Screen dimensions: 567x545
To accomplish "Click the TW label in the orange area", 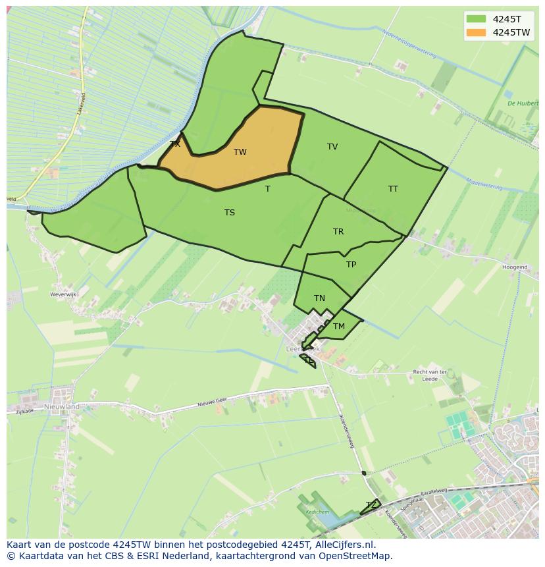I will (x=240, y=152).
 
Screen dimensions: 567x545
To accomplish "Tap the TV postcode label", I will (x=332, y=147).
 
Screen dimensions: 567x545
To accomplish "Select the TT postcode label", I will (x=393, y=189).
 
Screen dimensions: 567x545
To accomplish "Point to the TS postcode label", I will (x=229, y=213).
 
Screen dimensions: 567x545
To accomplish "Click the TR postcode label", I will (x=338, y=232).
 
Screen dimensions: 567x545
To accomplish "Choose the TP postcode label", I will (x=351, y=265).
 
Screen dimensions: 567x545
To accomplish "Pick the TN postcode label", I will (x=319, y=298).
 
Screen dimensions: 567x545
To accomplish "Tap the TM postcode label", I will (x=338, y=327).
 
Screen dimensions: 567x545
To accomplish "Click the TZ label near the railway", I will (x=371, y=505).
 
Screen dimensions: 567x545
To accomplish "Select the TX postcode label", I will (x=175, y=144).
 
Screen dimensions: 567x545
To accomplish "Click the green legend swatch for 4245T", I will (x=476, y=19).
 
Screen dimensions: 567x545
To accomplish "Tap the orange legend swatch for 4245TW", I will (x=476, y=32).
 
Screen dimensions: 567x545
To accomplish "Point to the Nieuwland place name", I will (x=62, y=407).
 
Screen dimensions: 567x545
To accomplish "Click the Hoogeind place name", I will (x=515, y=267).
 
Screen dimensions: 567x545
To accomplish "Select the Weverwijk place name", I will (x=65, y=294).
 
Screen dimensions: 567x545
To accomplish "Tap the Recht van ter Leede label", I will (x=429, y=375).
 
